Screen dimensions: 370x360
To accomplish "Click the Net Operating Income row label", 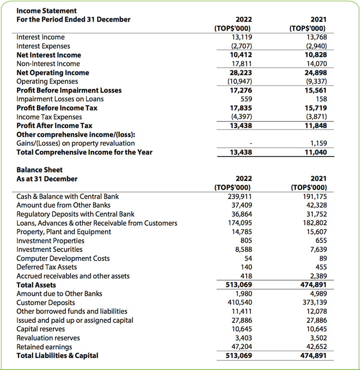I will tap(53, 72).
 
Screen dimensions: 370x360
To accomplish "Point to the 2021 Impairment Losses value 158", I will tap(321, 99).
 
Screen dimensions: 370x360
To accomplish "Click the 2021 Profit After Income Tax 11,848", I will tap(315, 126).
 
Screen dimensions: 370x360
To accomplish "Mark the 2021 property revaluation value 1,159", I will tap(317, 143).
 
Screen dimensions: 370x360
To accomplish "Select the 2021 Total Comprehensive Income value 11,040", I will tap(315, 153).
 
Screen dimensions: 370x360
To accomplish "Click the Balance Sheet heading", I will tap(39, 170).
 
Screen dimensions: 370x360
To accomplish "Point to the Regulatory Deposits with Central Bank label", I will tap(75, 214).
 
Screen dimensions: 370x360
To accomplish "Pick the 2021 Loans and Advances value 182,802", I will tap(313, 223).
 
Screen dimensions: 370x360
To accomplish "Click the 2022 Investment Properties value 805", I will tap(246, 240).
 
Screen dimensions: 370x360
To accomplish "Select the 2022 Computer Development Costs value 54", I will tap(248, 258).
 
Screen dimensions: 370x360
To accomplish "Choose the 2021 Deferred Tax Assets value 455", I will tap(321, 267).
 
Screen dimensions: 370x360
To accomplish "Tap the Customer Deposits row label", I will tap(46, 303).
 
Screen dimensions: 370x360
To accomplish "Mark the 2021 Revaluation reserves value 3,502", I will tap(317, 338).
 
